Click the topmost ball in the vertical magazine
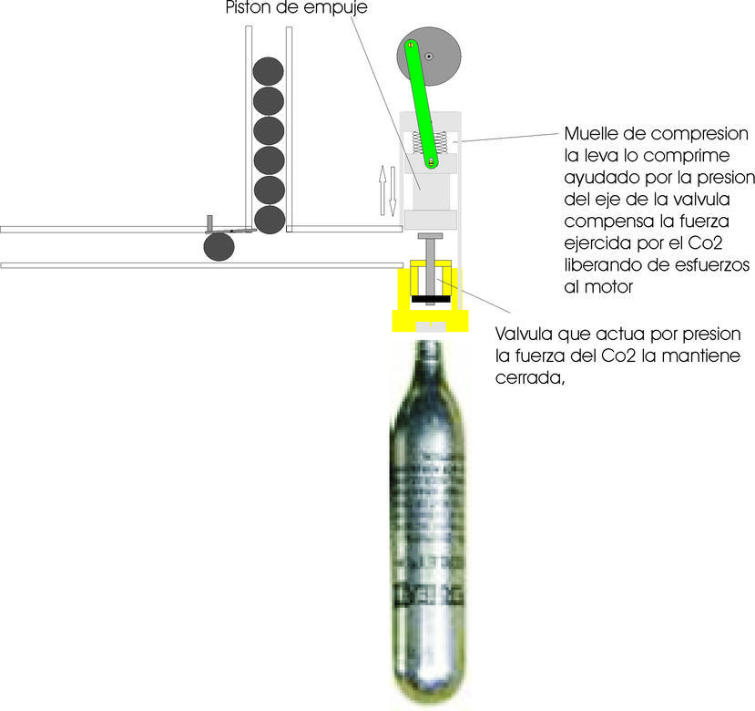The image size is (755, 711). [268, 70]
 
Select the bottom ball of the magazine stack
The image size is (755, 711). [269, 219]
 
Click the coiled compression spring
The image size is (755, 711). [426, 143]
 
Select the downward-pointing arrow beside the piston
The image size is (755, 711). [393, 191]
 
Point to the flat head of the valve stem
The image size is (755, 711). [429, 236]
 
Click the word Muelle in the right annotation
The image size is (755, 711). [590, 132]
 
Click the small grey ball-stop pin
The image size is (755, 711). [209, 223]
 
